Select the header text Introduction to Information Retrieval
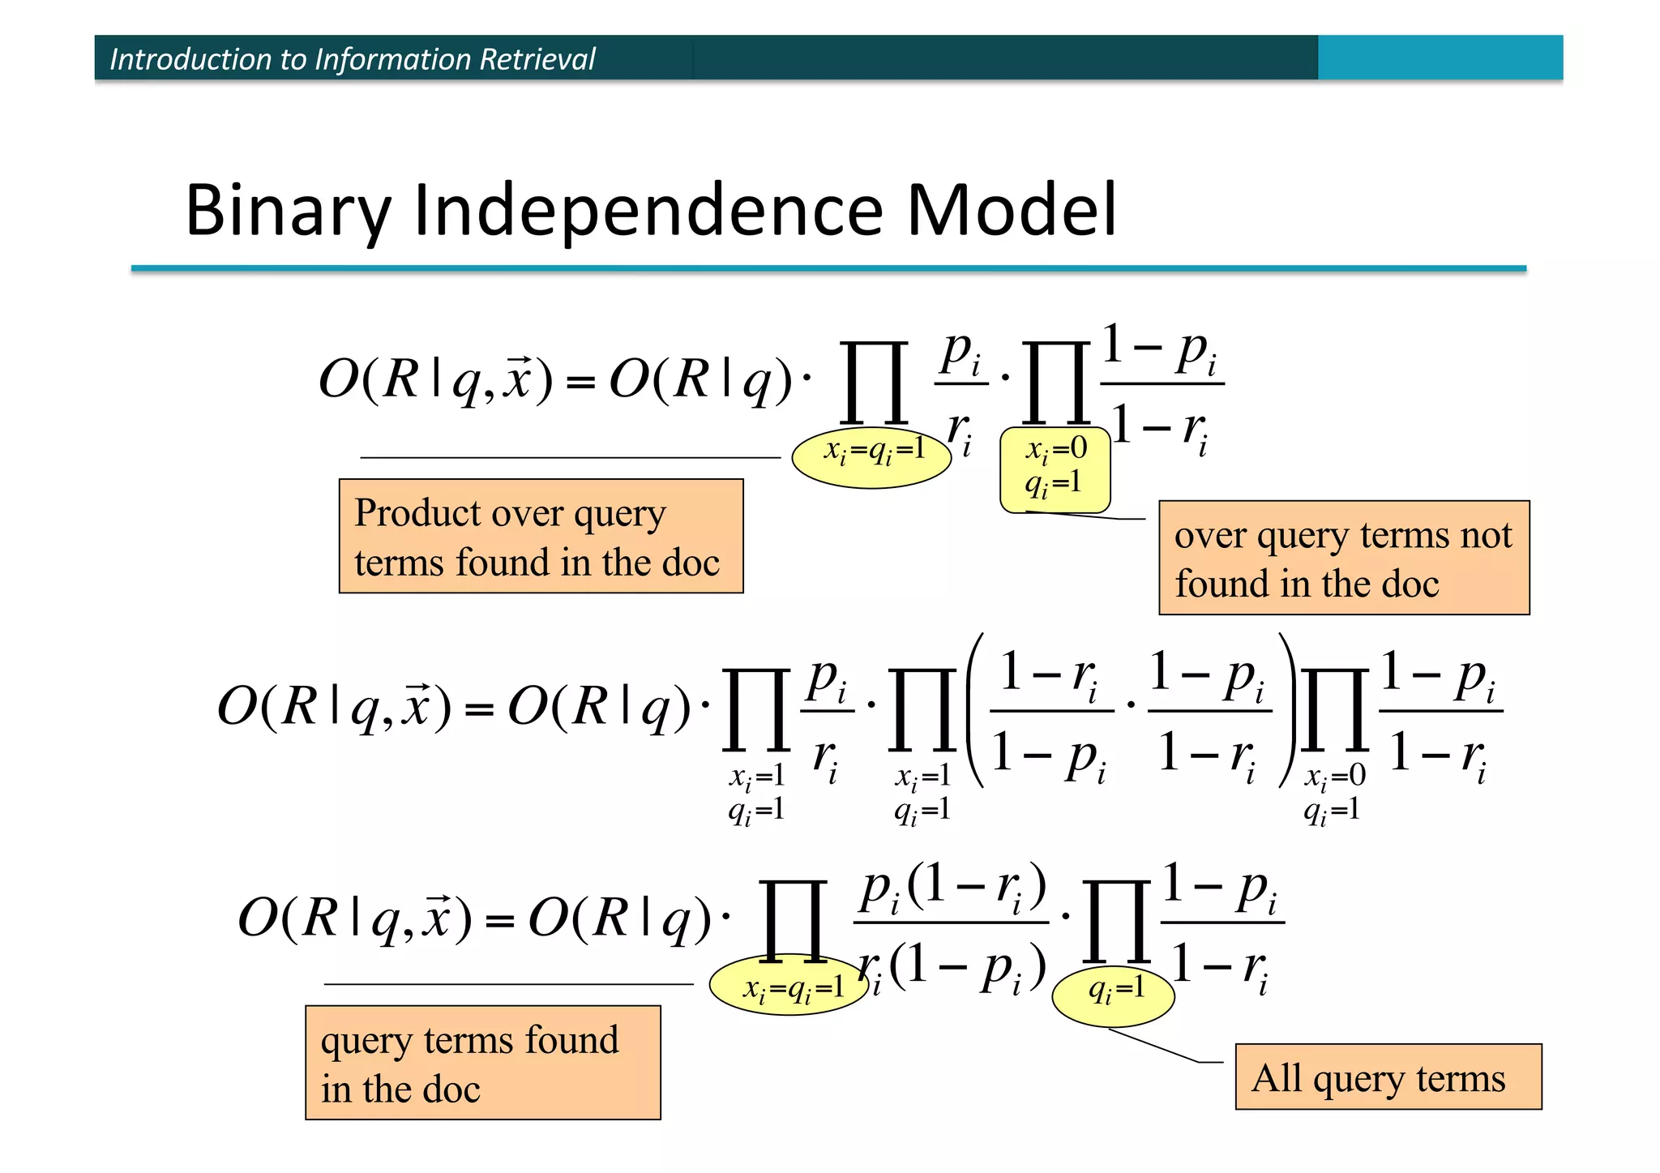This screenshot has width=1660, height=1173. tap(352, 59)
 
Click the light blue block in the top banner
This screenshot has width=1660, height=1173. tap(1440, 58)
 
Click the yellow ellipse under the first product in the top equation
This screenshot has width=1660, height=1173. tap(871, 459)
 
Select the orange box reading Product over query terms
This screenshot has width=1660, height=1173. tap(541, 537)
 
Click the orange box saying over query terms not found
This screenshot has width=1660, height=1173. tap(1343, 558)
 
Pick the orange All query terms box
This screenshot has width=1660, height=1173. tap(1388, 1077)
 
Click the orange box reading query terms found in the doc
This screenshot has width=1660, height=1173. tap(482, 1063)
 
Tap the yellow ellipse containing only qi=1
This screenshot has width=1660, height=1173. tap(1113, 996)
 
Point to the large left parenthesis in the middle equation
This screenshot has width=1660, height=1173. tap(975, 710)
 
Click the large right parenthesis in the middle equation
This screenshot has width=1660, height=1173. tap(1287, 710)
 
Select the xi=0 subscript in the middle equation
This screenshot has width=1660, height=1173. tap(1335, 776)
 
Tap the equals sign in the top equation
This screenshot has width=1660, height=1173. tap(580, 382)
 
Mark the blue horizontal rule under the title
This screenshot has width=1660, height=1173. tap(827, 268)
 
